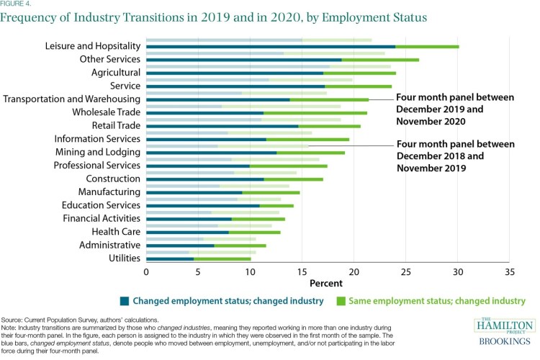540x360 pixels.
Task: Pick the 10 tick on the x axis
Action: coord(250,273)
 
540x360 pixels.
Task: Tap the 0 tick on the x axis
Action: coord(146,273)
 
